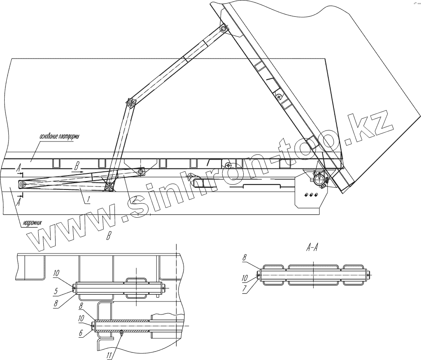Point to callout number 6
point(80,332)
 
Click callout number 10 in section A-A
point(245,277)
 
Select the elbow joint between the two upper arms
point(131,103)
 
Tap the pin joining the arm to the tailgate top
point(223,29)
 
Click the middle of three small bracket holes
point(311,195)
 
